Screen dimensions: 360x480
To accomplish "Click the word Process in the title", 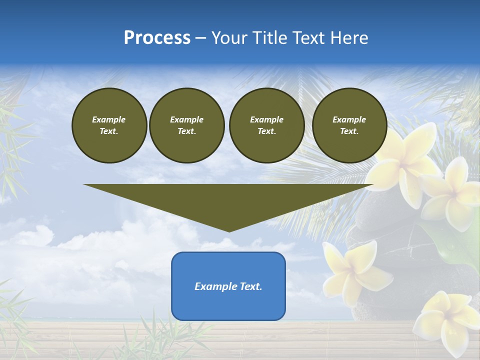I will (x=157, y=38).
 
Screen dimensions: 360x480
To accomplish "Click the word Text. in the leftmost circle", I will (x=108, y=131).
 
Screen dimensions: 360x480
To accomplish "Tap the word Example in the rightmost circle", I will (x=349, y=119).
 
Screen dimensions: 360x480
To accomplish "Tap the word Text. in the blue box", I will (x=251, y=286).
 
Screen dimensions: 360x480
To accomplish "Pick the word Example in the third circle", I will (x=266, y=119).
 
